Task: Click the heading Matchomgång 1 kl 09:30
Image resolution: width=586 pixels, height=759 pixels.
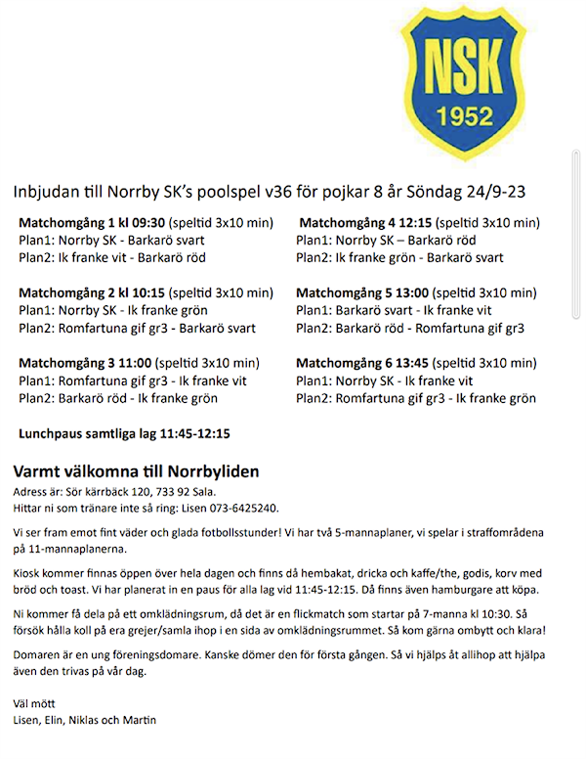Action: point(92,222)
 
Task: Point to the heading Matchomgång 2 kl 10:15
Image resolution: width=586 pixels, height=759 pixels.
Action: point(92,292)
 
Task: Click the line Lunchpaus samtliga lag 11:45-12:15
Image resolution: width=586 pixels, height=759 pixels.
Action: point(125,432)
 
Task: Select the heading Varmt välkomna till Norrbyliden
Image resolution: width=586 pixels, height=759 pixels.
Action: point(136,471)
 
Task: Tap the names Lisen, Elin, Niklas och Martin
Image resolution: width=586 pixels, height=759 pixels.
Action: point(85,721)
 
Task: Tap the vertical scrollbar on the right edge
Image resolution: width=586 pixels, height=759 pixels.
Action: point(576,235)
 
